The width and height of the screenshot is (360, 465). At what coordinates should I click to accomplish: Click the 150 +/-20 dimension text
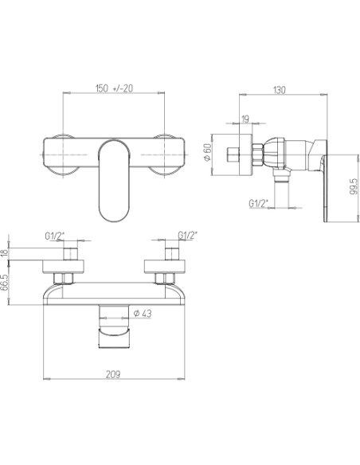click(x=114, y=88)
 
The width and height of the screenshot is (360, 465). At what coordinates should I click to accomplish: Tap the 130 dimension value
click(x=279, y=90)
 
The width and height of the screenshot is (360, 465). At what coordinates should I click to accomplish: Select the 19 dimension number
click(x=245, y=119)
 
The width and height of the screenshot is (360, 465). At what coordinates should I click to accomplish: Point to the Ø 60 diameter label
click(x=207, y=152)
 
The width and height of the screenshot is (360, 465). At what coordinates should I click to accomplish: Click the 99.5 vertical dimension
click(x=354, y=187)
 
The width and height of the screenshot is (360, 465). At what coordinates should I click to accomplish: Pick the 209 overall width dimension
click(x=113, y=374)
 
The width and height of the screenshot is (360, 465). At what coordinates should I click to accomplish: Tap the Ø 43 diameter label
click(x=142, y=313)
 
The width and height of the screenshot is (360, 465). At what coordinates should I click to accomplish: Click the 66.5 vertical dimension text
click(x=4, y=283)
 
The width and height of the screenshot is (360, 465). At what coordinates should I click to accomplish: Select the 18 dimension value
click(x=4, y=253)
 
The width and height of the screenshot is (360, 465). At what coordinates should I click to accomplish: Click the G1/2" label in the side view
click(x=258, y=204)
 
